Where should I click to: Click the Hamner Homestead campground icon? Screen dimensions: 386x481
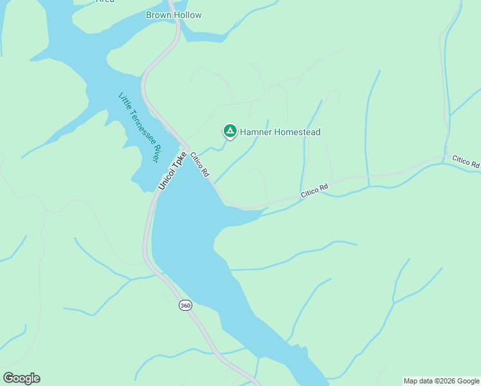(230, 131)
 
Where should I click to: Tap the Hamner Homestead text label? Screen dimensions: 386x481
(280, 132)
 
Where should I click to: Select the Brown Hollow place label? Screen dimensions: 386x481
(174, 15)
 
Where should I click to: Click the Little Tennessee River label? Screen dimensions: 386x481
(139, 127)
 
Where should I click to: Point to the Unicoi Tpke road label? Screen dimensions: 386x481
(172, 170)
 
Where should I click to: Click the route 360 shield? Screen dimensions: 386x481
(185, 306)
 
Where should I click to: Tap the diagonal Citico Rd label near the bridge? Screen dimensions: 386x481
(200, 165)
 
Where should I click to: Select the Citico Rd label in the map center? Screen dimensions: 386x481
(314, 190)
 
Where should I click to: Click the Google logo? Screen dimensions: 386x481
(21, 378)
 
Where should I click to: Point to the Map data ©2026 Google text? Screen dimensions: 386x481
(442, 381)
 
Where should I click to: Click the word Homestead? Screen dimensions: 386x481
(296, 132)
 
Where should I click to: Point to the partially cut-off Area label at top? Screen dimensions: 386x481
(105, 1)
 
